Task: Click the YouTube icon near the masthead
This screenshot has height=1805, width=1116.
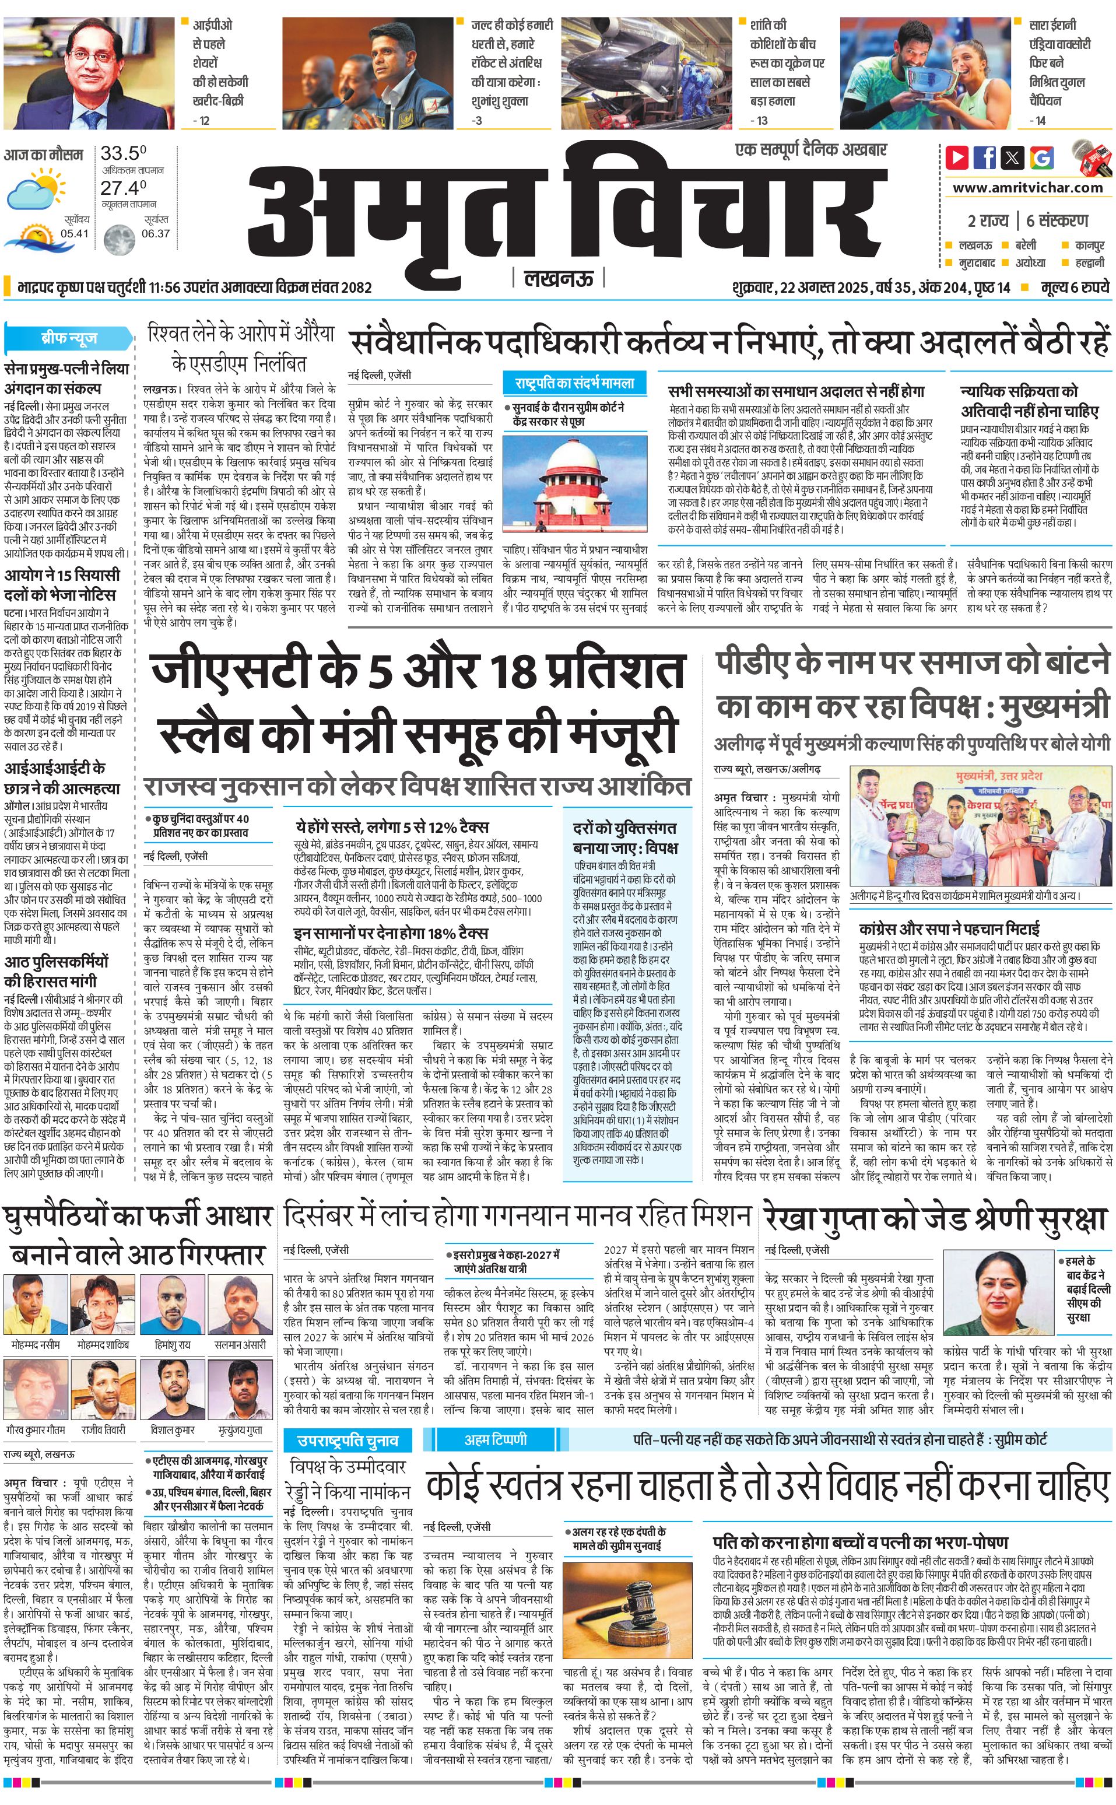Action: click(x=957, y=156)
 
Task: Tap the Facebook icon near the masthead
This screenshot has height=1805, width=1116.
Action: click(x=985, y=156)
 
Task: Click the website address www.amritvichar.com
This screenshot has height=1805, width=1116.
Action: click(x=1027, y=188)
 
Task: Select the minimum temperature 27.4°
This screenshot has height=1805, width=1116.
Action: click(x=123, y=188)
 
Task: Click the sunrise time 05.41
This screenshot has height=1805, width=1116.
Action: click(x=75, y=233)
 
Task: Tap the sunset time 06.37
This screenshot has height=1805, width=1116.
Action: click(x=156, y=233)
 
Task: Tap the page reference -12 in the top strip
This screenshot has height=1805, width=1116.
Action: click(x=201, y=120)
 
